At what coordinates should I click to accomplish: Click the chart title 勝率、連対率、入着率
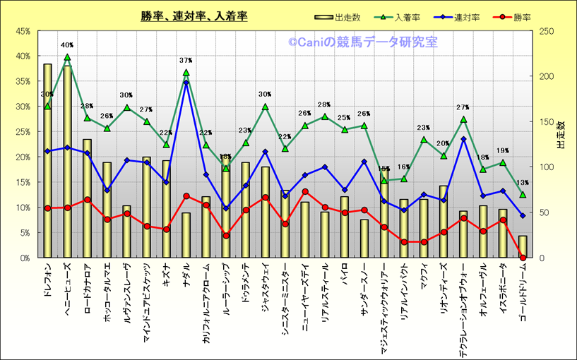coord(194,16)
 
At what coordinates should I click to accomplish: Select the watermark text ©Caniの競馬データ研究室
coord(362,42)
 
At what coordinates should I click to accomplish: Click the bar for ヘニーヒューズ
coord(67,162)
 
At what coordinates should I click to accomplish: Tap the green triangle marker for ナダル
coord(186,72)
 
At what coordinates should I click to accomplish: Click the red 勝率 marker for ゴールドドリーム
coord(523,258)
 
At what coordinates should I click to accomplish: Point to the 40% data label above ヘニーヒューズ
coord(67,45)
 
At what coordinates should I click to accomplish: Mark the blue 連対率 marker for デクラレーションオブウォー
coord(463,139)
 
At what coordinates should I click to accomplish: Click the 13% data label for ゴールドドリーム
coord(523,183)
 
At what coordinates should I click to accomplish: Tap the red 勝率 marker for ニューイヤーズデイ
coord(304,191)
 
